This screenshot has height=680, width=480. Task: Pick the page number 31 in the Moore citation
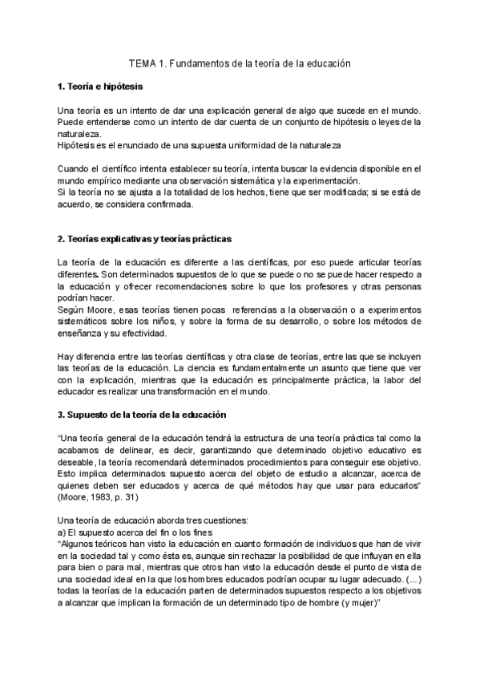[139, 497]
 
